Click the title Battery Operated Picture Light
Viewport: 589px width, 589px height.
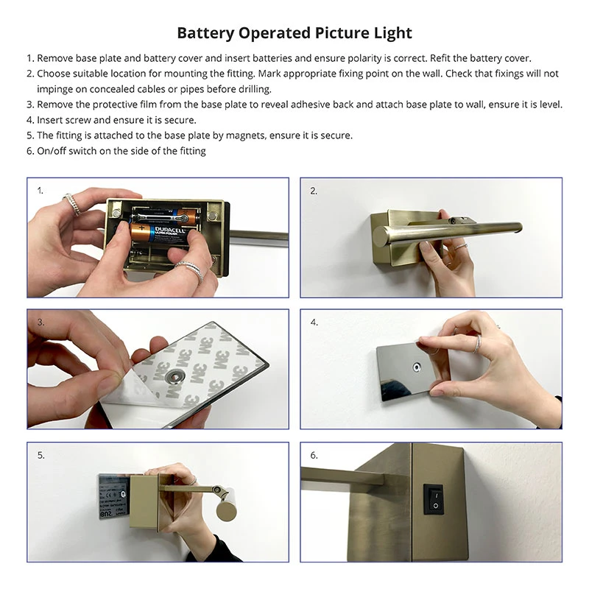[294, 33]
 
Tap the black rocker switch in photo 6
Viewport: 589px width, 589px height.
[435, 498]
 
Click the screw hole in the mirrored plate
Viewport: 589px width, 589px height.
[416, 366]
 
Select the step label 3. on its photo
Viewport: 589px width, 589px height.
[41, 322]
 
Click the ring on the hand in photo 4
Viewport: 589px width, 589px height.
[478, 343]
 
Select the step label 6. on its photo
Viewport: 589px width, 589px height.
[314, 455]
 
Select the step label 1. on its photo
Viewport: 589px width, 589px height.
[41, 190]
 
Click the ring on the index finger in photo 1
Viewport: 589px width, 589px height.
[71, 204]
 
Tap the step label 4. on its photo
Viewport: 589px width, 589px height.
[314, 322]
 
